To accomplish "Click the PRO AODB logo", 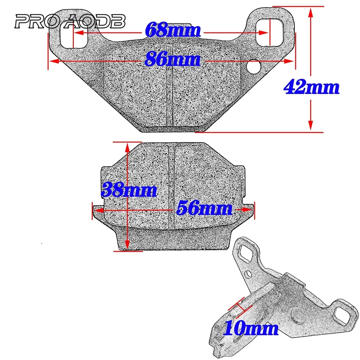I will coord(70,22).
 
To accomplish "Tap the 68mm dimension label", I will coord(172,30).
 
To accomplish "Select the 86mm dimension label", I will coord(172,59).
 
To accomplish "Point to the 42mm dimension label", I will coord(311,87).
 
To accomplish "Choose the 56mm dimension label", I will coord(205,208).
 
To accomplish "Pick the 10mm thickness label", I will coord(251,328).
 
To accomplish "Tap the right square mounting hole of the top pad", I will coord(269,32).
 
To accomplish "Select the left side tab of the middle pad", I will coord(98,210).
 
